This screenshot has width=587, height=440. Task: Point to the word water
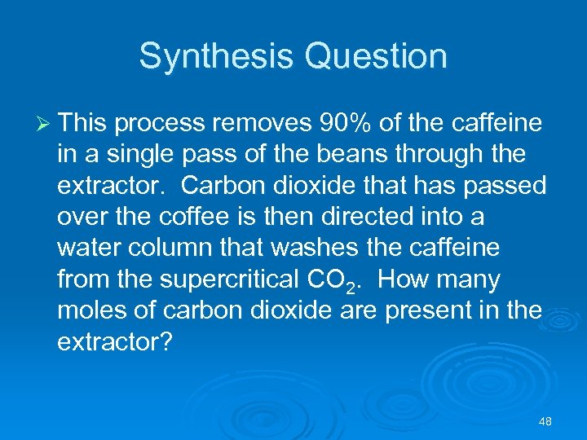pos(87,248)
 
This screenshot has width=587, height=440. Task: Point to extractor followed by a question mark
pos(114,341)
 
